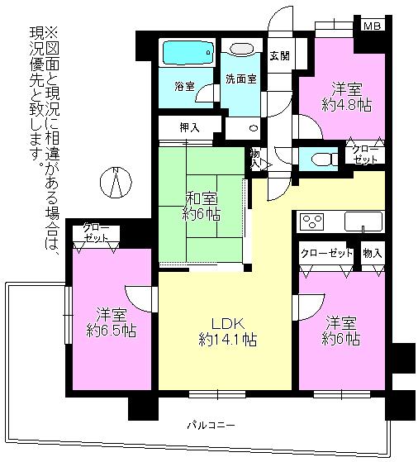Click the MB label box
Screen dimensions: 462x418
372,26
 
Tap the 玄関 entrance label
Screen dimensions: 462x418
279,56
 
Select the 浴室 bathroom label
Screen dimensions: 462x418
183,86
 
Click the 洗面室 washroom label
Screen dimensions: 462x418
240,79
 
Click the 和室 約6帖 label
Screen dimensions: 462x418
201,205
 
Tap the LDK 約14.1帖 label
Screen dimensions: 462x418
225,330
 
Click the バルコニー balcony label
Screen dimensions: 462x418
210,425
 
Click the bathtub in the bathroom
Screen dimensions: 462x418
188,54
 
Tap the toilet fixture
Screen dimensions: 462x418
318,156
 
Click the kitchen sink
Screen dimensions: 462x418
362,222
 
